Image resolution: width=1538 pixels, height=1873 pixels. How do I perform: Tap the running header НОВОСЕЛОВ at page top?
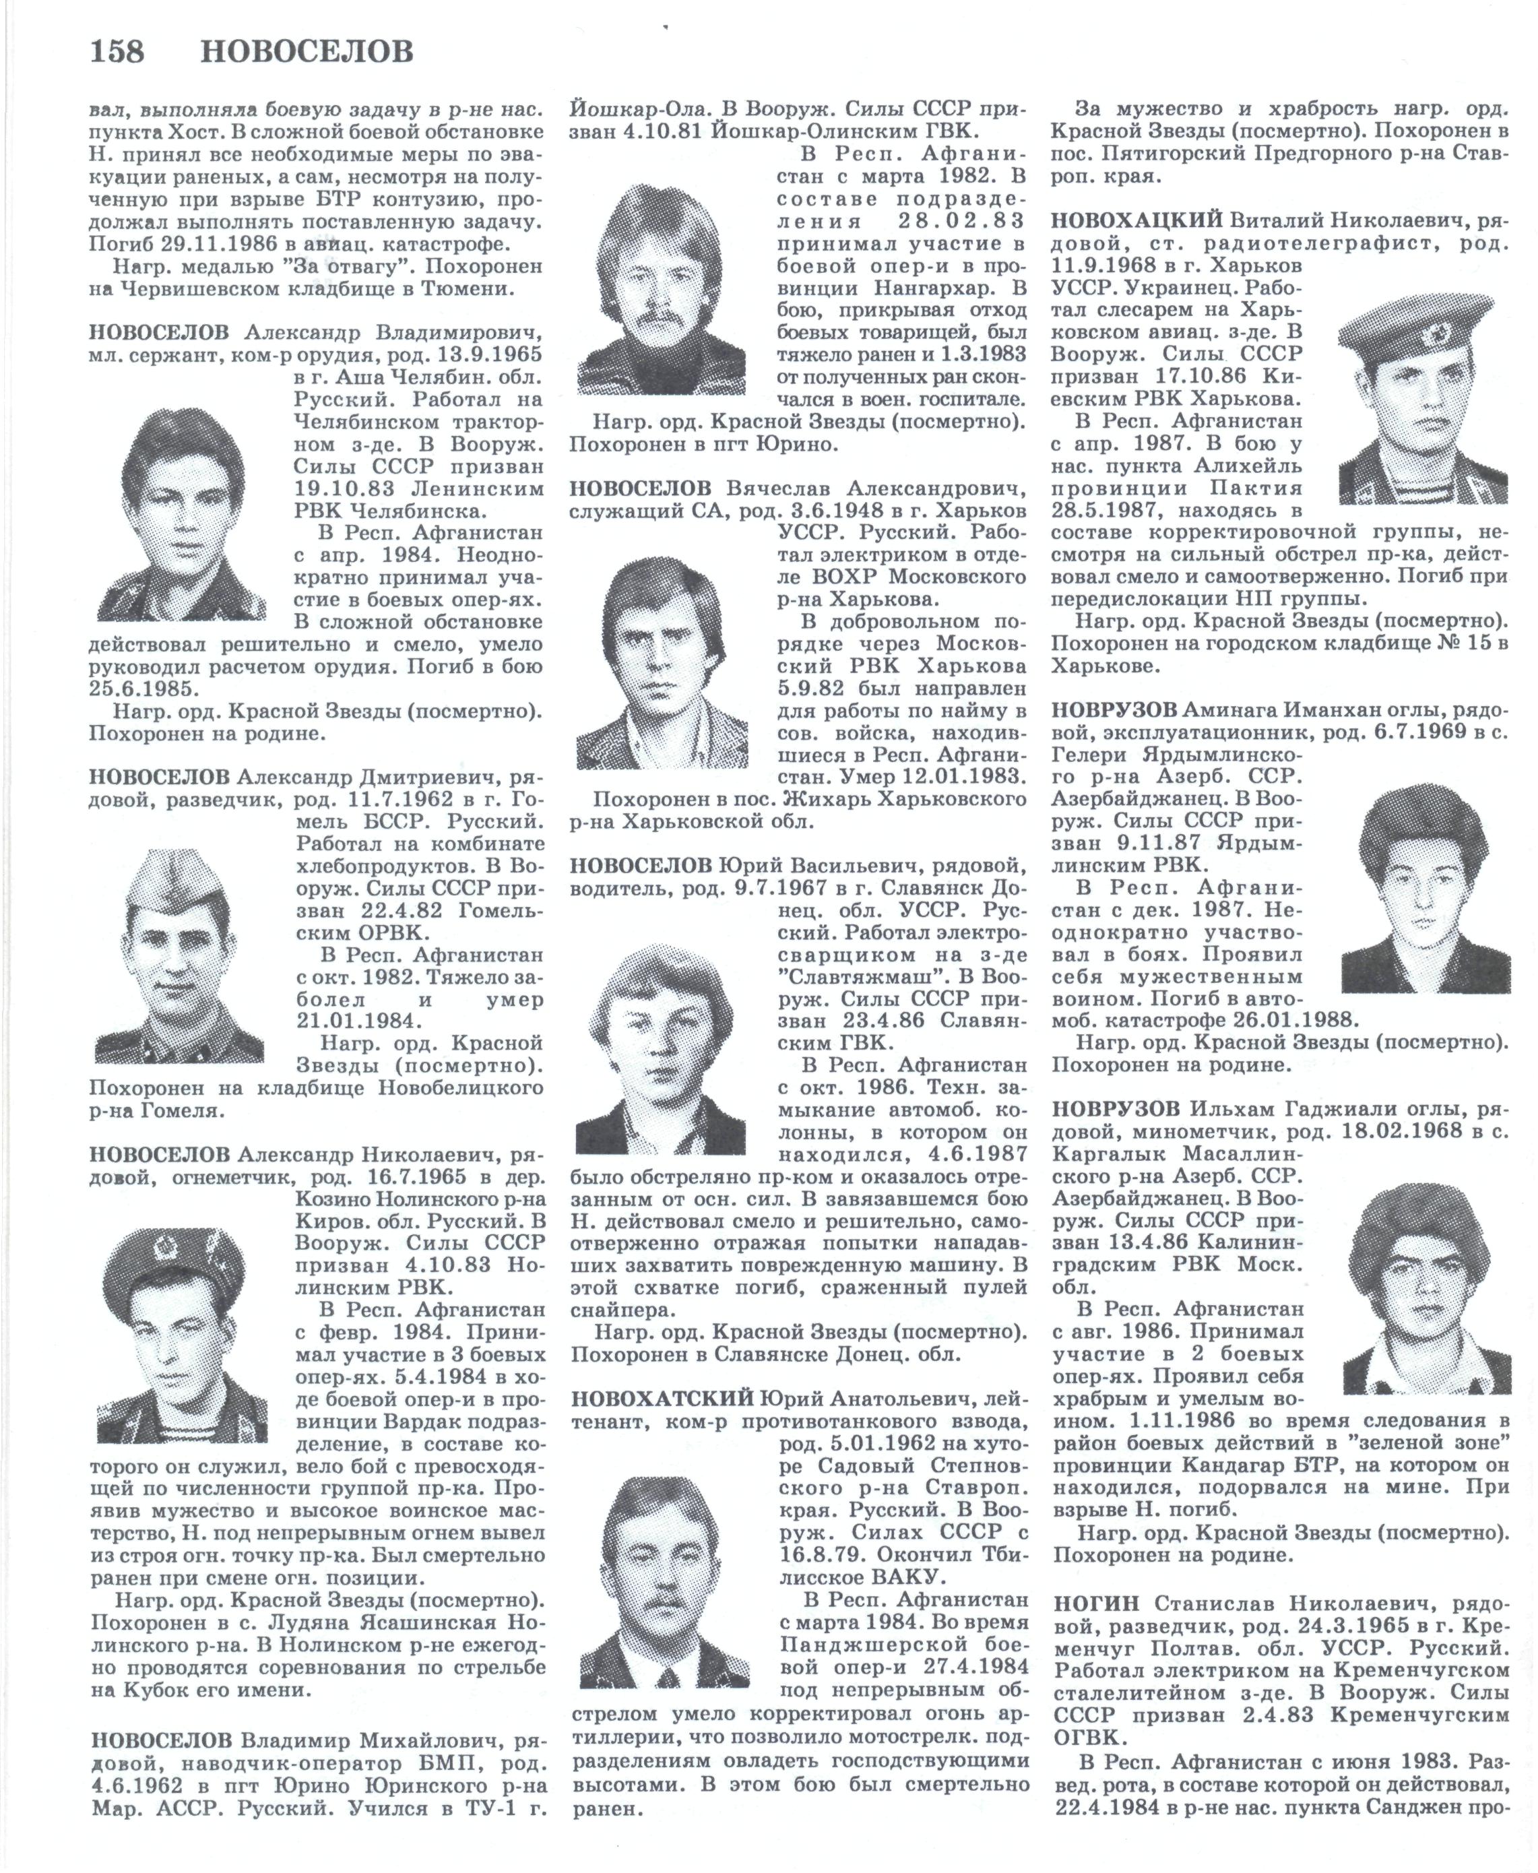[x=307, y=53]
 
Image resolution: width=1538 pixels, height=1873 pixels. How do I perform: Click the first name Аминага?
[x=1227, y=709]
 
